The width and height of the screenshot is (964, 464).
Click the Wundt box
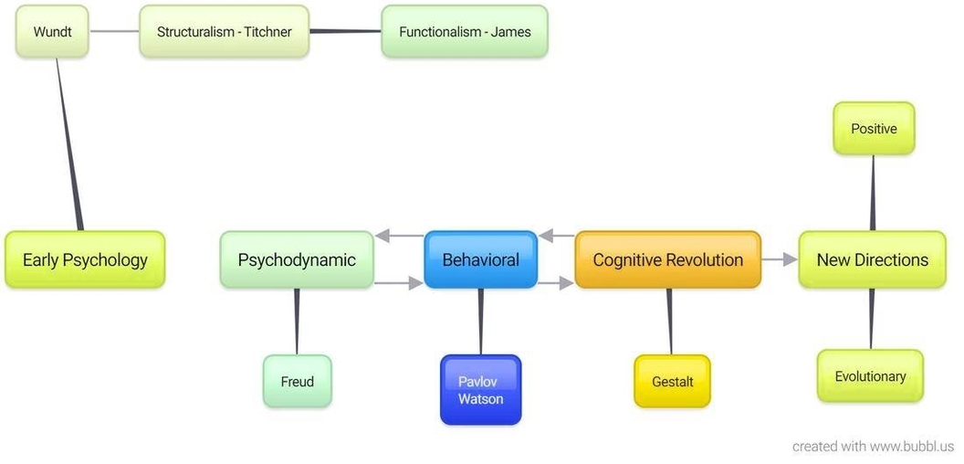(52, 32)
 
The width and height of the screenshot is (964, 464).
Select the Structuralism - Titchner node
(224, 32)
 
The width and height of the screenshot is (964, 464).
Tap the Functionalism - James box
(465, 32)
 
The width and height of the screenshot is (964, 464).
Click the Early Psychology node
(85, 260)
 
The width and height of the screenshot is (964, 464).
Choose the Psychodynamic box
(297, 260)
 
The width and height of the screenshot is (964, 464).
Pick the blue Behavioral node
(480, 260)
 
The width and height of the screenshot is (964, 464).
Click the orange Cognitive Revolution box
(667, 260)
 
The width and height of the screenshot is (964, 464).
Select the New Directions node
(872, 260)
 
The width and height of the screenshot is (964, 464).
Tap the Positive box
(874, 129)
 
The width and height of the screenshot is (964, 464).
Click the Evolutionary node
(870, 376)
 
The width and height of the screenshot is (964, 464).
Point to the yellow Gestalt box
(672, 382)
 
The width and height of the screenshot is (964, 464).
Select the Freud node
(298, 382)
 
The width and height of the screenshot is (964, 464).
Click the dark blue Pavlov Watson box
(480, 390)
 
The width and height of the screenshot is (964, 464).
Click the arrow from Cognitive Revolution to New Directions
(780, 259)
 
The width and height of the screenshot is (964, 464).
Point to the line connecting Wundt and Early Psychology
(68, 146)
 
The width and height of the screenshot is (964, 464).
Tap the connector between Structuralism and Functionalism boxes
(345, 31)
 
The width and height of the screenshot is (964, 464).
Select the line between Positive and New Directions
(873, 192)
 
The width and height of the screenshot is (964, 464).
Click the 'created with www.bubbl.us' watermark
(873, 447)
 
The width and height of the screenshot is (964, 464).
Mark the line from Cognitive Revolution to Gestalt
(670, 322)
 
